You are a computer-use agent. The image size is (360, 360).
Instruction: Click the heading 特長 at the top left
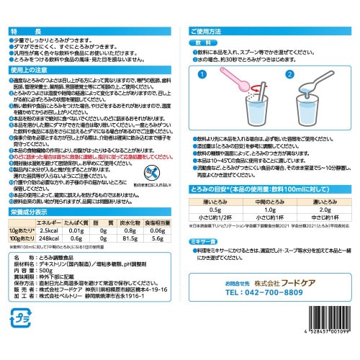click(x=24, y=32)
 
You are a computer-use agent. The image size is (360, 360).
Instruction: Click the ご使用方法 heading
click(x=213, y=32)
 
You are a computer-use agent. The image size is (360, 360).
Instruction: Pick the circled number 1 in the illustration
click(x=203, y=74)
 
